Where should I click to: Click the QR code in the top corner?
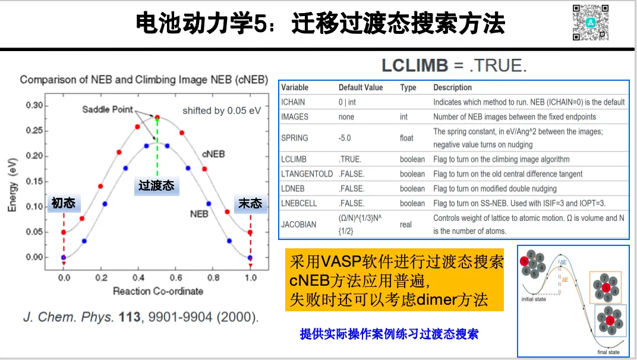click(x=591, y=23)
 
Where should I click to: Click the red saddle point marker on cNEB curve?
click(x=157, y=117)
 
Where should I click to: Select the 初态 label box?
click(x=64, y=203)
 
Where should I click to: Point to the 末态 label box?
click(x=250, y=203)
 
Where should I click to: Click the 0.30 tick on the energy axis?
click(x=34, y=106)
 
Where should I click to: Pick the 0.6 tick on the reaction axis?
click(x=176, y=277)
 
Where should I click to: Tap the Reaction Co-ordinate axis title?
click(x=158, y=291)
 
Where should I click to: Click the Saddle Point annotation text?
click(x=108, y=110)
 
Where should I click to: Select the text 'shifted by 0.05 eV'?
click(x=222, y=110)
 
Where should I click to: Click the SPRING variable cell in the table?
click(x=295, y=138)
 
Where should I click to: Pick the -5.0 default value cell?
click(x=345, y=138)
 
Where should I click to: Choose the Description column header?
click(x=452, y=87)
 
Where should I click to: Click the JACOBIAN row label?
click(x=299, y=225)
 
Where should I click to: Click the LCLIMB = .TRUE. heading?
click(x=454, y=65)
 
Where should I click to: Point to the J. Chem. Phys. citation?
click(x=141, y=317)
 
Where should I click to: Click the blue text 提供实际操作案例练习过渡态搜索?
click(x=389, y=334)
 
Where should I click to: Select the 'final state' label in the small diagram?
click(x=608, y=352)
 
